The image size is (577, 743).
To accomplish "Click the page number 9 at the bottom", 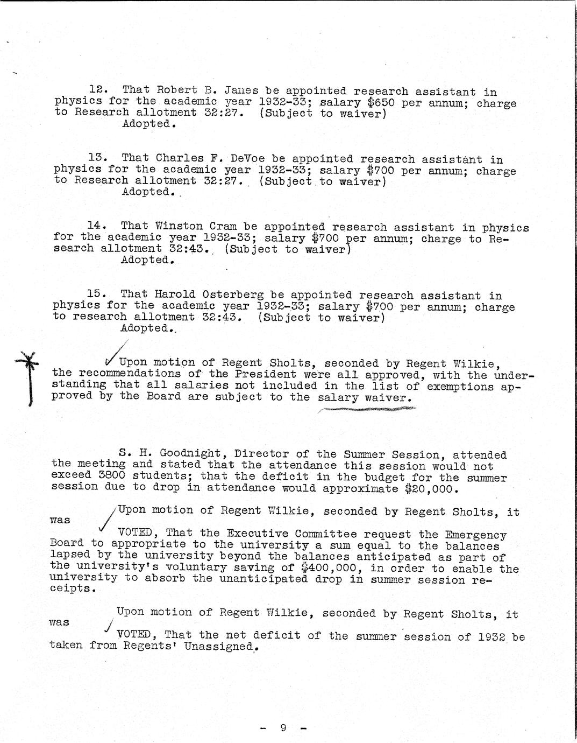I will tap(283, 728).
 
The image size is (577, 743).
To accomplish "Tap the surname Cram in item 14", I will tap(223, 226).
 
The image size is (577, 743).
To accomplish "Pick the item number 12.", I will tap(98, 90).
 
